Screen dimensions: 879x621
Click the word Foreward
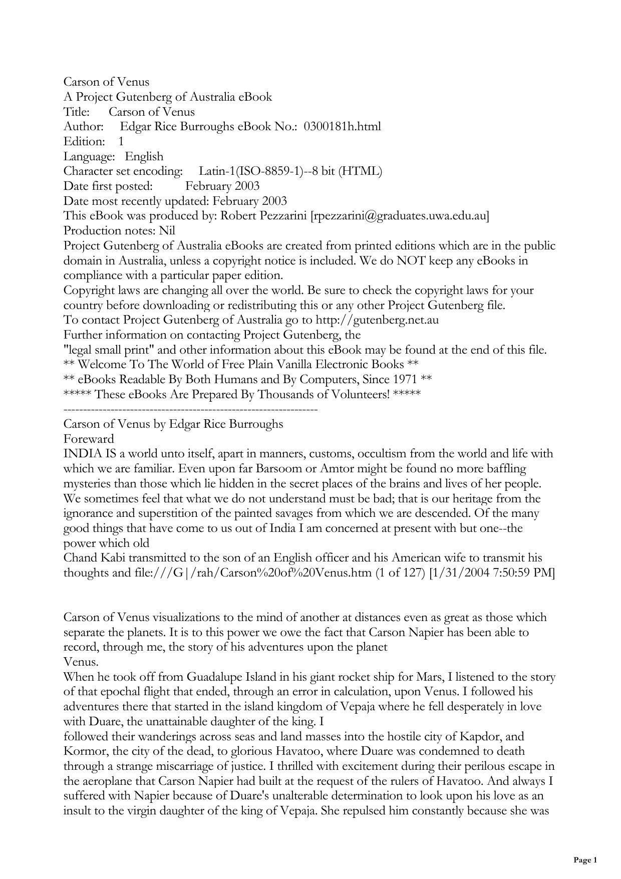[89, 439]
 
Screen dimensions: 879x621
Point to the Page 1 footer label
[585, 860]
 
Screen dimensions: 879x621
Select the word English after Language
[144, 156]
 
